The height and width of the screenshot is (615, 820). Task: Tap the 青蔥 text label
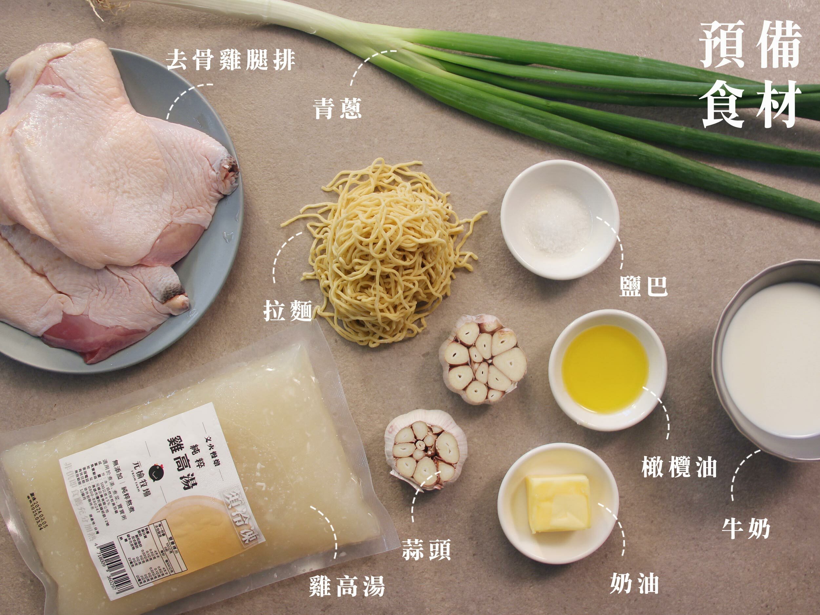(337, 108)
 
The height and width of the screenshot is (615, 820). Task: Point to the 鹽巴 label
(644, 286)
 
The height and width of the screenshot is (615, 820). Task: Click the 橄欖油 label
(679, 467)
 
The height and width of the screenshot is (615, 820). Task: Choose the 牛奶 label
(746, 529)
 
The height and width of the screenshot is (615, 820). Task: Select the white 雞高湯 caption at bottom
(347, 586)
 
